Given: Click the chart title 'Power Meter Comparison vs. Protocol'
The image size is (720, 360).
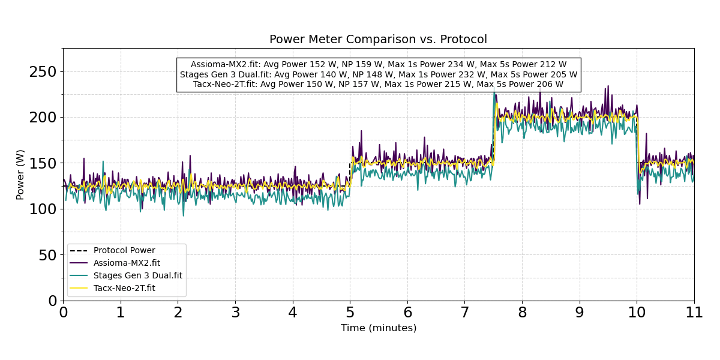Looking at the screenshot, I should coord(378,40).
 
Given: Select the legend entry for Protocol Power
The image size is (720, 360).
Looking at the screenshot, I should coord(124,251).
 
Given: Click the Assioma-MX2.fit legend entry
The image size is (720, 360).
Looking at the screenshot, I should coord(127,263).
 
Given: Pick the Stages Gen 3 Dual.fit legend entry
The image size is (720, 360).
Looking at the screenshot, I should coord(137,275).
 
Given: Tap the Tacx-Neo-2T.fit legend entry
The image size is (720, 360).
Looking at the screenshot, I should coord(124,288).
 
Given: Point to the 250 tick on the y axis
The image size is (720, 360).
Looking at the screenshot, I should coord(43,72).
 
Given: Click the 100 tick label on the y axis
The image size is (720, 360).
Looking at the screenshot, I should coord(43,209).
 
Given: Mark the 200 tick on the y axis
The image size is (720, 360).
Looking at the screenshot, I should coord(43,118).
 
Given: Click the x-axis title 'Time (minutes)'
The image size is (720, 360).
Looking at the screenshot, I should coord(378,328).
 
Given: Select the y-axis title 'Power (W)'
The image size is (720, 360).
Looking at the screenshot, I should coord(21,175).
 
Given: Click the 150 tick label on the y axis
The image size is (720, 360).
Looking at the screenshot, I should coord(43,163).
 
